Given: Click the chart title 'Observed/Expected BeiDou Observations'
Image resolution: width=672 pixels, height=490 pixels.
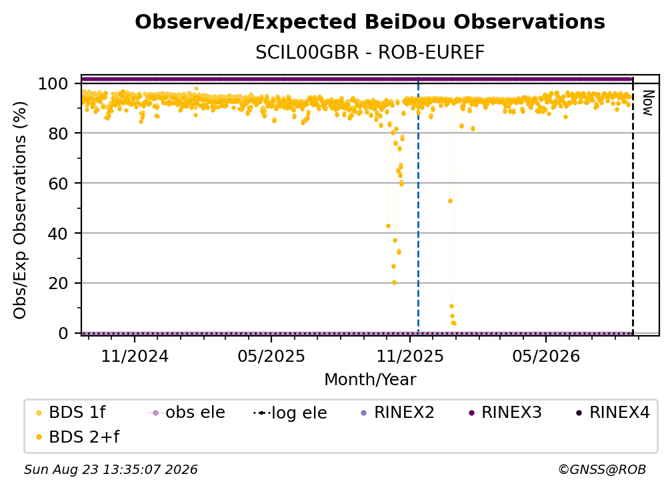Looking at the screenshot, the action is tap(370, 22).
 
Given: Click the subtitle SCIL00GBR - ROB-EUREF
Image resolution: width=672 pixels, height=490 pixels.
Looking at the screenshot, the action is tap(370, 53).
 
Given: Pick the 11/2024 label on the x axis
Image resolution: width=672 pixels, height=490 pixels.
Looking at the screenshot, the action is tap(135, 356).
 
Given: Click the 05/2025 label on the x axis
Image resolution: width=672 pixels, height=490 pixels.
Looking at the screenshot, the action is tap(271, 356).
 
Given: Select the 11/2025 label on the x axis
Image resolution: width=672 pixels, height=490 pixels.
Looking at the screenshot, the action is tap(410, 356).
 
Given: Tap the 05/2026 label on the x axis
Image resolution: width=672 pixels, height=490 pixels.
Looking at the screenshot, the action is tap(545, 356).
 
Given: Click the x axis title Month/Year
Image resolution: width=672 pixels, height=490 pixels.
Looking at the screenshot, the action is tap(370, 380).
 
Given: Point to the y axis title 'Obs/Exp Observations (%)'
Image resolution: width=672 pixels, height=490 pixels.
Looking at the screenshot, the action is tap(20, 210).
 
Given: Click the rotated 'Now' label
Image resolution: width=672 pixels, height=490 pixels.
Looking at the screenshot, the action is tap(647, 103).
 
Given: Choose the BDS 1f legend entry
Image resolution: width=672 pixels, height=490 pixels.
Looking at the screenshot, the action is tap(71, 413).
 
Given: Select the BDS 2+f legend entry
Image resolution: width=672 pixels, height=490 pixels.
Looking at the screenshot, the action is tap(77, 437).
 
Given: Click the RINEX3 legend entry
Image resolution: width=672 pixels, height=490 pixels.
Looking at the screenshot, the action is tap(505, 413).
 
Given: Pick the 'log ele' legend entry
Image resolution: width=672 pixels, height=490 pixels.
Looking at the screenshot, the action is tap(290, 413).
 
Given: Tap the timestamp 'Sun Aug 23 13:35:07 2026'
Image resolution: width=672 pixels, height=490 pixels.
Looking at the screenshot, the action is tap(111, 470).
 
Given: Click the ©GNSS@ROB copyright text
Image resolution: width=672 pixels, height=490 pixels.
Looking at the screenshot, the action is tap(602, 470).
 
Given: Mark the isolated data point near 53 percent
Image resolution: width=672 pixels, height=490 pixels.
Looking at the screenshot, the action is tap(450, 201).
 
